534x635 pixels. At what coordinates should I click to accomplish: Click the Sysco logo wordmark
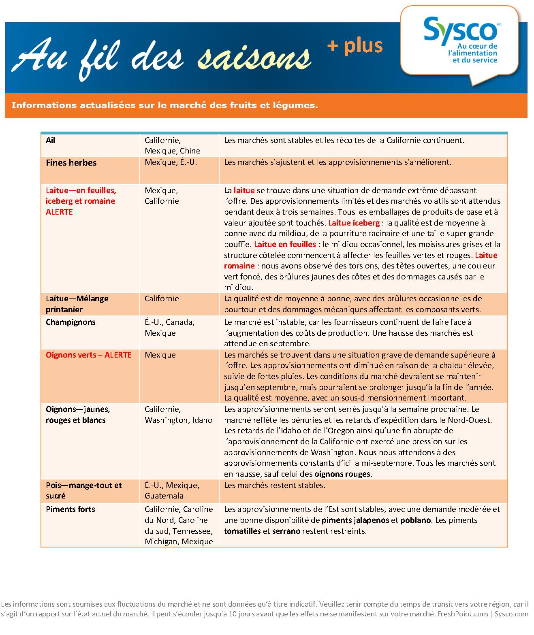point(460,28)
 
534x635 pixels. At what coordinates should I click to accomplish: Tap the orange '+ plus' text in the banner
point(355,46)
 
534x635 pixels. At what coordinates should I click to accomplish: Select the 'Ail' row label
point(51,140)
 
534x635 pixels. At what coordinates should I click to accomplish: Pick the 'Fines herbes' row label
point(71,163)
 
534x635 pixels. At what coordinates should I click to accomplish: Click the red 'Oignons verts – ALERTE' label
point(88,355)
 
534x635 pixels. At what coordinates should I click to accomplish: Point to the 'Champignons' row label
point(70,322)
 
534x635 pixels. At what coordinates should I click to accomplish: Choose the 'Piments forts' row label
point(70,509)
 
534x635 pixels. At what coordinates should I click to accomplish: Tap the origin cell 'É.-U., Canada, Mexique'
point(169,328)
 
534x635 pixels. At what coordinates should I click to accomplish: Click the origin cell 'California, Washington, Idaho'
point(178,414)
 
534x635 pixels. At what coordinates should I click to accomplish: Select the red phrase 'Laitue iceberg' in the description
point(354,223)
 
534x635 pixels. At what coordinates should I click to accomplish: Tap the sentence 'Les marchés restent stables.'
point(274,485)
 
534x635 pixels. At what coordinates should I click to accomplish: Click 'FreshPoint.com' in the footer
point(462,614)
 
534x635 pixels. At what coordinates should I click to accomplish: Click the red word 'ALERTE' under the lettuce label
point(59,212)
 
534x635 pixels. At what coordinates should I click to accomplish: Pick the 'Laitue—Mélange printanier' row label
point(77,304)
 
